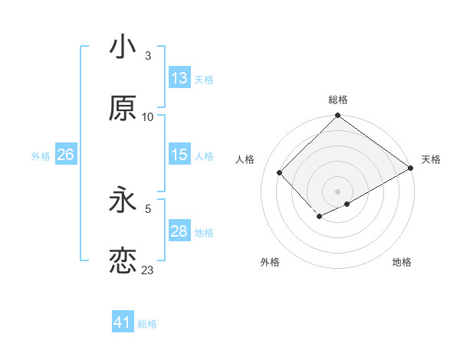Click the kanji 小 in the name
point(123,47)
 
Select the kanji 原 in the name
point(123,109)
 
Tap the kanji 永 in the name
point(123,200)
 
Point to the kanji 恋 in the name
point(123,261)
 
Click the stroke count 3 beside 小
point(148,55)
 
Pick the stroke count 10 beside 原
point(148,116)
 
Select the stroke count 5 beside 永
point(148,208)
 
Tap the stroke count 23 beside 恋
point(148,270)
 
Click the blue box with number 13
point(179,78)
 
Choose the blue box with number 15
point(179,155)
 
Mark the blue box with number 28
point(179,231)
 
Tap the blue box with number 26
point(65,155)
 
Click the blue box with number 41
point(123,322)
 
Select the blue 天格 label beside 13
point(204,79)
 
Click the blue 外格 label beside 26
point(41,155)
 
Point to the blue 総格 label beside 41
point(147,323)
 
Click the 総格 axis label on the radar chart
point(338,100)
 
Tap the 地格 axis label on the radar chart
point(402,262)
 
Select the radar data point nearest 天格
point(411,169)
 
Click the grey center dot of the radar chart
point(337,191)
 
